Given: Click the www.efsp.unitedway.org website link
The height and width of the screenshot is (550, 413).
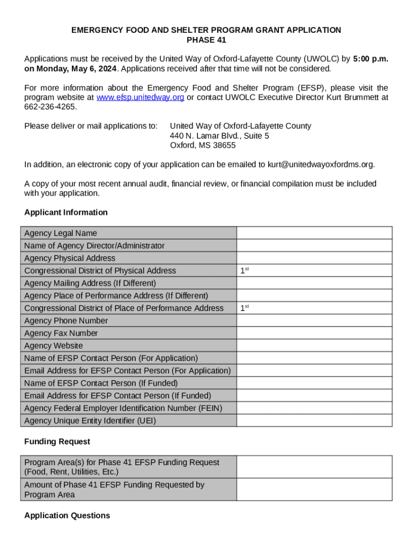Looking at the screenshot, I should pyautogui.click(x=140, y=98).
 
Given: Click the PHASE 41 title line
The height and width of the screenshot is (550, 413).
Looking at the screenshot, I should pyautogui.click(x=206, y=40).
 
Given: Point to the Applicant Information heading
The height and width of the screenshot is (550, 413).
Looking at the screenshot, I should pyautogui.click(x=66, y=213).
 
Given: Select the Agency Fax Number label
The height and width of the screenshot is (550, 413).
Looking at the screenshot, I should pyautogui.click(x=61, y=334).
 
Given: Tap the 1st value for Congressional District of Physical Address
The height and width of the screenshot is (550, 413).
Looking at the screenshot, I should pyautogui.click(x=245, y=271).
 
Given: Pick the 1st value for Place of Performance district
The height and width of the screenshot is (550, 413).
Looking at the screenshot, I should pyautogui.click(x=245, y=308).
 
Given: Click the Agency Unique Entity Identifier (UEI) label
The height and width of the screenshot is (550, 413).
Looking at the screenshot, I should pyautogui.click(x=90, y=421).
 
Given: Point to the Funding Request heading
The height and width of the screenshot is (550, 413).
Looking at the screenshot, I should pyautogui.click(x=57, y=442).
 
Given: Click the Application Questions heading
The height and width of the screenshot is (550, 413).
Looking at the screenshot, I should pyautogui.click(x=67, y=516).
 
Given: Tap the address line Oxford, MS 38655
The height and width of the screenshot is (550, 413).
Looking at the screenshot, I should pyautogui.click(x=203, y=146).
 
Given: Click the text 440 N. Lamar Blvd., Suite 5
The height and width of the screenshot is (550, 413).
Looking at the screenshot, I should pyautogui.click(x=219, y=136).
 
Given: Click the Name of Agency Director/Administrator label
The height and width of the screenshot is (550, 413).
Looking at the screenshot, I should pyautogui.click(x=94, y=246).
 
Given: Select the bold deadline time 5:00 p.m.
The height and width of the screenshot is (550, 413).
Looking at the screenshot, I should pyautogui.click(x=370, y=59).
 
